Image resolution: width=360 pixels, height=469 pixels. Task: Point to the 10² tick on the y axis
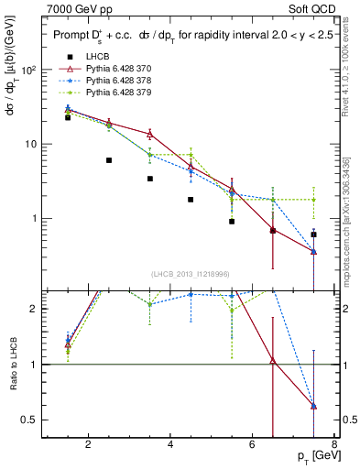(28, 71)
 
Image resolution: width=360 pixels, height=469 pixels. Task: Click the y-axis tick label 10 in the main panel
(31, 145)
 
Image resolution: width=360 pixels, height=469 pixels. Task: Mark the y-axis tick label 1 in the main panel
(35, 219)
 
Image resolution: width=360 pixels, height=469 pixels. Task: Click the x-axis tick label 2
(88, 446)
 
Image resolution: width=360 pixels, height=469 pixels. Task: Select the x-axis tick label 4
(170, 446)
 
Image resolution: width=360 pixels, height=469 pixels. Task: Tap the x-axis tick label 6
(254, 446)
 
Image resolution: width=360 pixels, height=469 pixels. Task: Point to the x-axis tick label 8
(336, 446)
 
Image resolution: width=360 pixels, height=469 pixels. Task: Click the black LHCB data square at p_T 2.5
(109, 160)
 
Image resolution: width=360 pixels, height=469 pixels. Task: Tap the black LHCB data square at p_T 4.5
(191, 200)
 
